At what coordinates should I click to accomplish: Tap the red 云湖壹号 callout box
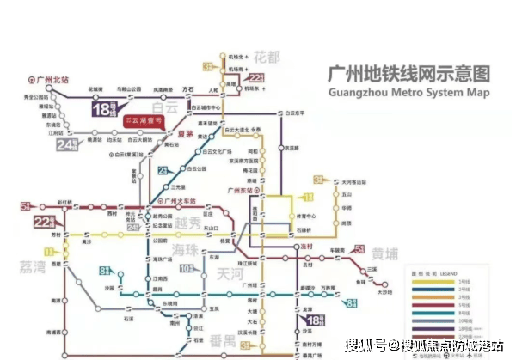click(144, 122)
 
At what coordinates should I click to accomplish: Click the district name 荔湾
click(30, 267)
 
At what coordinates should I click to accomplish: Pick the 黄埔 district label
click(387, 253)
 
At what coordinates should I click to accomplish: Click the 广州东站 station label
click(238, 190)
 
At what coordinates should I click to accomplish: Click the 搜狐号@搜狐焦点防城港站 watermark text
click(426, 345)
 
